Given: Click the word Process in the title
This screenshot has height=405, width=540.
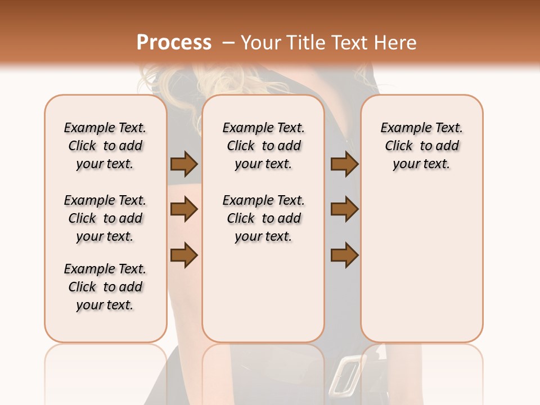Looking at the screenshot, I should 173,43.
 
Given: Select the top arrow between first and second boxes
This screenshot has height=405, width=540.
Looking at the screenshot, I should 184,164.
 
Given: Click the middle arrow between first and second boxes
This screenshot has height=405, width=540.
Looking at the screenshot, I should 184,209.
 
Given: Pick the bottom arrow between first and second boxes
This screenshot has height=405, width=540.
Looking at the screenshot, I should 184,255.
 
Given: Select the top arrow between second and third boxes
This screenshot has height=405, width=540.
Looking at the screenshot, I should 344,164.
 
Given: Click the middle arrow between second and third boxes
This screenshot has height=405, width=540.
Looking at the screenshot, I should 344,209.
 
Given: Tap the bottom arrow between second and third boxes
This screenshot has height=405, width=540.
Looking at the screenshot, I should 344,255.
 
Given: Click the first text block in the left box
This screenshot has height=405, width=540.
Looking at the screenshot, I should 105,146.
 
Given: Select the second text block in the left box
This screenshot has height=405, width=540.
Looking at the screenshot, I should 105,218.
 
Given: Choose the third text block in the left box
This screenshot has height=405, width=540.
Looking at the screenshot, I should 105,287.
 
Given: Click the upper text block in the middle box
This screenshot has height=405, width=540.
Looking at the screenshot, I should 263,146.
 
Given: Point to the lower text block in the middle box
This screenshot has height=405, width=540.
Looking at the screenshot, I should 263,218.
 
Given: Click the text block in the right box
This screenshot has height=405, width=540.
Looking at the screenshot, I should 421,146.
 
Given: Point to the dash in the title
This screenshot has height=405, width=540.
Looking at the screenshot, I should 228,43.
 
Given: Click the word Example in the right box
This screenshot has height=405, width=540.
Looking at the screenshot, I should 403,128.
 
